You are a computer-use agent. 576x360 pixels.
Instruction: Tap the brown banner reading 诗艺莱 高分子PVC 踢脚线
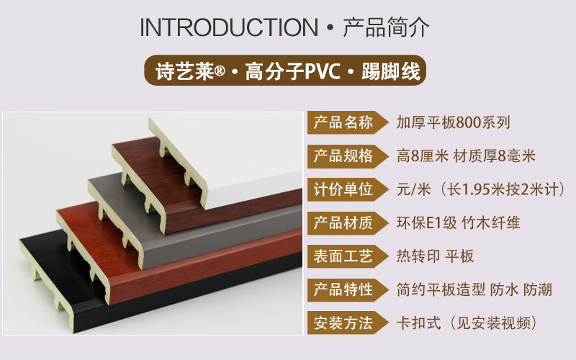coord(287,71)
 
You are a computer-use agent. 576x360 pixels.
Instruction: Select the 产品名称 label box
coord(343,122)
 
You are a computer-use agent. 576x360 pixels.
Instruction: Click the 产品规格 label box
coord(343,156)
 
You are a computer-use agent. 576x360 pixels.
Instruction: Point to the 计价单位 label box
coord(343,189)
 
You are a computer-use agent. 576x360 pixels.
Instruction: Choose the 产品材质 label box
coord(343,222)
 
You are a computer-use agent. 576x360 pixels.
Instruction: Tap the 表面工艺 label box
coord(343,256)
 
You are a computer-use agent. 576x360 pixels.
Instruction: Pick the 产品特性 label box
coord(343,289)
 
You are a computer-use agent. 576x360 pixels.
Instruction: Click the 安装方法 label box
coord(343,323)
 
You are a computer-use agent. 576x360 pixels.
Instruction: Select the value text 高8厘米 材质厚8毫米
coord(466,156)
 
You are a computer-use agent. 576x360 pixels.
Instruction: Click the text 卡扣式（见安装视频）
coord(467,323)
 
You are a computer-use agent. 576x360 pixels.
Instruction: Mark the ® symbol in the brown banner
coord(220,72)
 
